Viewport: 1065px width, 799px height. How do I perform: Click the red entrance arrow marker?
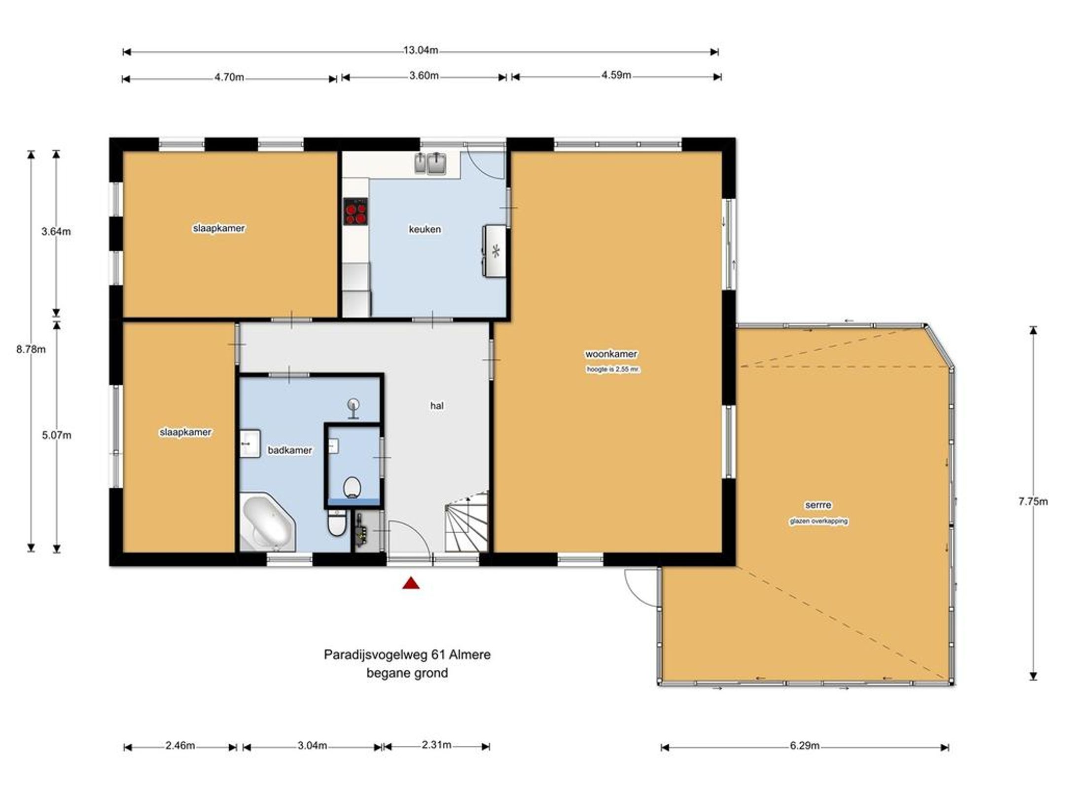pyautogui.click(x=411, y=584)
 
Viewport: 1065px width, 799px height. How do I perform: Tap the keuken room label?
pyautogui.click(x=425, y=229)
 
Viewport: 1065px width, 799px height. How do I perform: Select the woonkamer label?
pyautogui.click(x=611, y=354)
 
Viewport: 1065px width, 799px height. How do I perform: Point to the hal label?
pyautogui.click(x=437, y=405)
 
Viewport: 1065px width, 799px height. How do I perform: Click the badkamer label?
pyautogui.click(x=289, y=450)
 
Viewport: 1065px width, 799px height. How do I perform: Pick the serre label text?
pyautogui.click(x=818, y=505)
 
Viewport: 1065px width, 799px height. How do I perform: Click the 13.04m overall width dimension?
pyautogui.click(x=421, y=50)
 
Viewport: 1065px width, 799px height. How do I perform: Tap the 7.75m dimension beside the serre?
pyautogui.click(x=1033, y=501)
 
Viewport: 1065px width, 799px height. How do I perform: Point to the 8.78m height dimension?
pyautogui.click(x=31, y=349)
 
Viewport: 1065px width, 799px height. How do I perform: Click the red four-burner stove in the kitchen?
pyautogui.click(x=356, y=212)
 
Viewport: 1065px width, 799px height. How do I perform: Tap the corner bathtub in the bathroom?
pyautogui.click(x=267, y=522)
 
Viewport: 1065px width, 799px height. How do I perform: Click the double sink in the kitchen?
pyautogui.click(x=430, y=163)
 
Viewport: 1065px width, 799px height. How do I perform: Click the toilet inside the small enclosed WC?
pyautogui.click(x=352, y=487)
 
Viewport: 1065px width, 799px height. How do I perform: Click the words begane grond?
pyautogui.click(x=407, y=673)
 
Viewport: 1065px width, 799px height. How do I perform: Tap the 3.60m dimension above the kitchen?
pyautogui.click(x=424, y=75)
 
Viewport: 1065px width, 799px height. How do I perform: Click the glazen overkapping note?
pyautogui.click(x=819, y=521)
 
